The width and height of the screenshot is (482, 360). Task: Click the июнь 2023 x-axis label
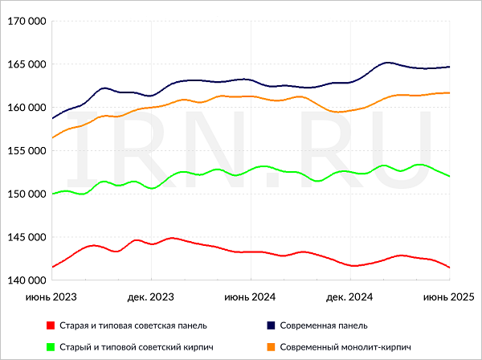[51, 297]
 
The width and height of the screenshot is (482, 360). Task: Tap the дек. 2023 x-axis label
[151, 297]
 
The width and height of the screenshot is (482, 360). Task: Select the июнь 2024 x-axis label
[251, 297]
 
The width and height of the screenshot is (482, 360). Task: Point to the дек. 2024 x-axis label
[350, 297]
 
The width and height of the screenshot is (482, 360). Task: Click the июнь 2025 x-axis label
[448, 297]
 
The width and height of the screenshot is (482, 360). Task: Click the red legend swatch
[50, 325]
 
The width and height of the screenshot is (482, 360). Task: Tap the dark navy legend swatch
[271, 325]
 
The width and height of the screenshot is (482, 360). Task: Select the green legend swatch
[50, 347]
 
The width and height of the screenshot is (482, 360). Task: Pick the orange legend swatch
[271, 347]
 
